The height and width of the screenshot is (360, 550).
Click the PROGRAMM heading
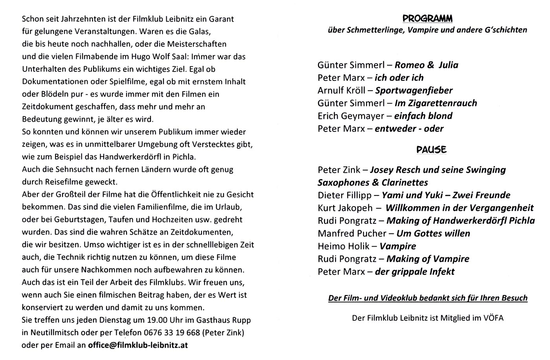pyautogui.click(x=427, y=18)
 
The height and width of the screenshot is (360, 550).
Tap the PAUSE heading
pyautogui.click(x=431, y=150)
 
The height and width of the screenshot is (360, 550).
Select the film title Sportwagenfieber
pyautogui.click(x=414, y=90)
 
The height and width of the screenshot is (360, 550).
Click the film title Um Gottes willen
pyautogui.click(x=433, y=234)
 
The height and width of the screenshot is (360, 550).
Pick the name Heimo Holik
pyautogui.click(x=343, y=246)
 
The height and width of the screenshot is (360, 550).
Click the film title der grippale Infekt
pyautogui.click(x=414, y=272)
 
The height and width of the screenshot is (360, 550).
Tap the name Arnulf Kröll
pyautogui.click(x=341, y=90)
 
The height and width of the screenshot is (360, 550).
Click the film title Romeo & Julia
pyautogui.click(x=426, y=65)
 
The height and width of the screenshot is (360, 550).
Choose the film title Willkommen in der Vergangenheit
pyautogui.click(x=460, y=208)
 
